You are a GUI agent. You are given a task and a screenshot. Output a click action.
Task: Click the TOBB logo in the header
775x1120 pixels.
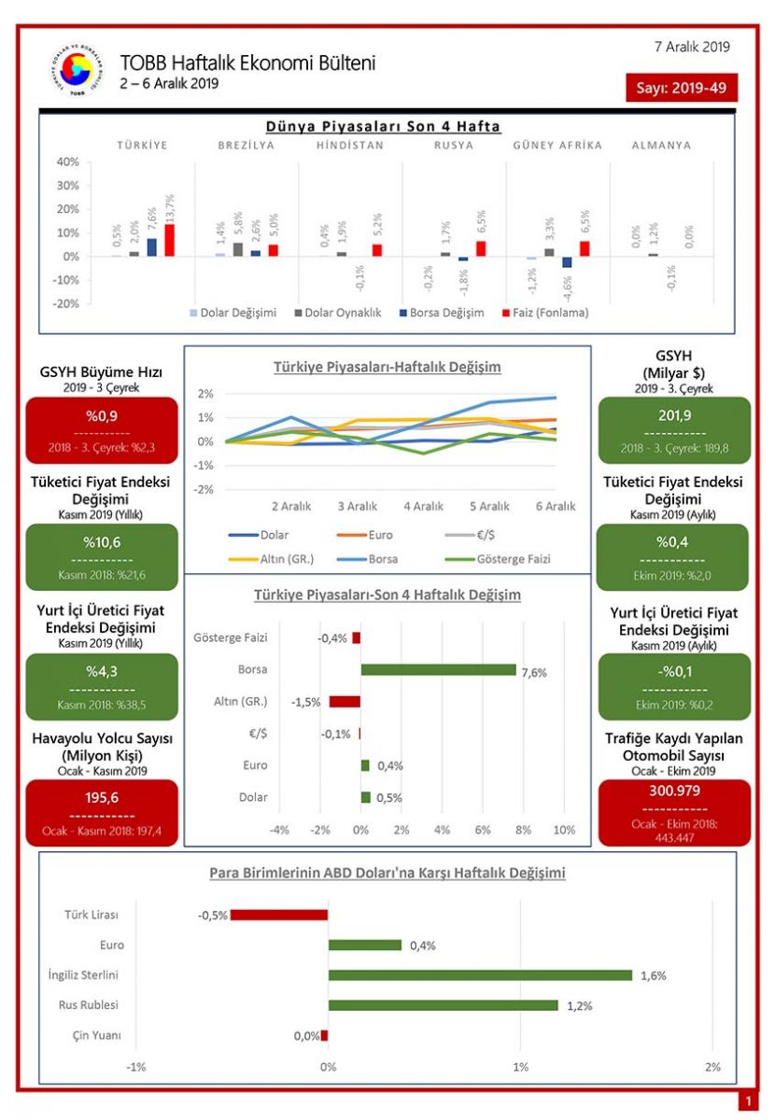77,69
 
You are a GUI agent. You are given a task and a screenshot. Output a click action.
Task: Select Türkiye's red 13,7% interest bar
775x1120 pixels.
170,240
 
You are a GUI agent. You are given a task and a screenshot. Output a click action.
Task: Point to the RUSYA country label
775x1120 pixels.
454,146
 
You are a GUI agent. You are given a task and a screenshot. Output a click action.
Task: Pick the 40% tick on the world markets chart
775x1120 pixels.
66,161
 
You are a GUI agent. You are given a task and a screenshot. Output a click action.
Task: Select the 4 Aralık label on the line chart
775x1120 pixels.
423,506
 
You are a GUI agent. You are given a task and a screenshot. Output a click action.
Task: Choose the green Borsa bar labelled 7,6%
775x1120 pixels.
438,669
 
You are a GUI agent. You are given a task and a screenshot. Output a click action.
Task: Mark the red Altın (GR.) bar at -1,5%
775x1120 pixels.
345,702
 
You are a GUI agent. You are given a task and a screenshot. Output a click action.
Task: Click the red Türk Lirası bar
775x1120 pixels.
279,915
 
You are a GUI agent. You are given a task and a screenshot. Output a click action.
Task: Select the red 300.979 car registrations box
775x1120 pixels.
673,811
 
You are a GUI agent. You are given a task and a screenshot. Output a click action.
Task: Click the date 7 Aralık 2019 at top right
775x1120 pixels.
692,46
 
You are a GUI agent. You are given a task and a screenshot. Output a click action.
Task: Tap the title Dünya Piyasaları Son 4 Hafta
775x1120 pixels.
383,126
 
